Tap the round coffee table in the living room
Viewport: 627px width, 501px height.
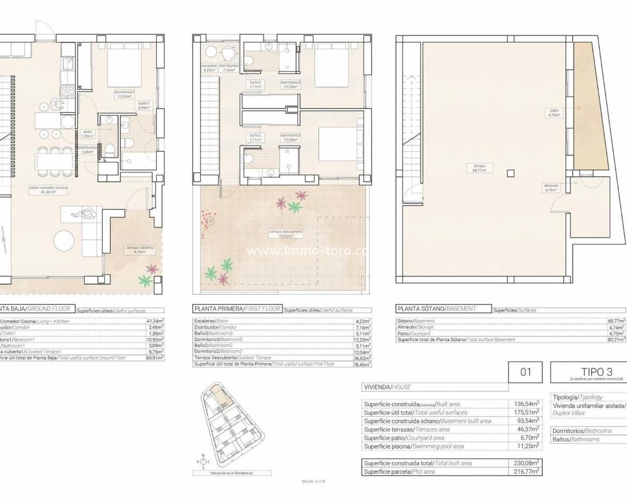click(x=64, y=241)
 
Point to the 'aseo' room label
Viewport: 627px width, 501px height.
click(x=88, y=133)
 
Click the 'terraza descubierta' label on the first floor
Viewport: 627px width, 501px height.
click(x=285, y=234)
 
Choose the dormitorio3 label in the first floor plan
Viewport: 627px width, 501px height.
click(x=290, y=84)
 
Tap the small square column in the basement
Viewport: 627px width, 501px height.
click(x=510, y=172)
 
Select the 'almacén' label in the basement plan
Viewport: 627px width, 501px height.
click(x=551, y=187)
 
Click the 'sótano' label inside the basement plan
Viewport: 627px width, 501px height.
click(x=478, y=168)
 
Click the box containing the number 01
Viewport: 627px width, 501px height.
click(x=525, y=372)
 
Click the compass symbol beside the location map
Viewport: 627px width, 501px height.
click(x=203, y=462)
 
